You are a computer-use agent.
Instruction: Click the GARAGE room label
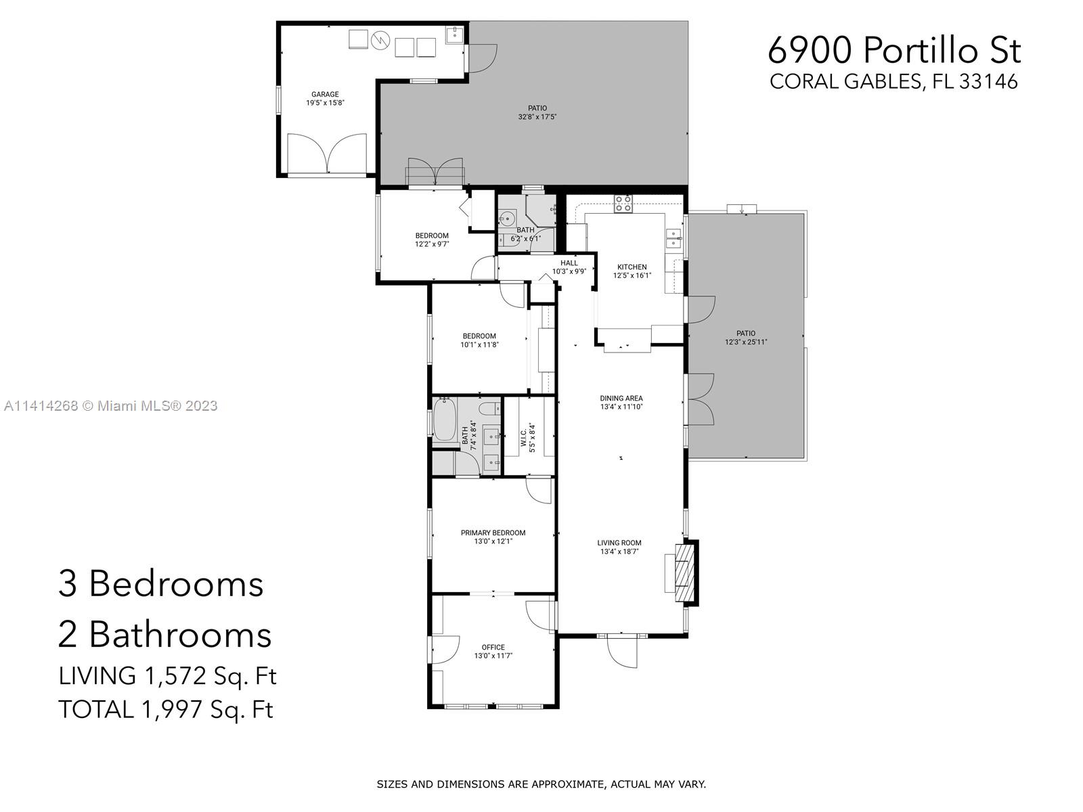pos(325,94)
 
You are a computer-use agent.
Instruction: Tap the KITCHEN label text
pos(632,267)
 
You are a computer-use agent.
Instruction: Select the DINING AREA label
pos(621,399)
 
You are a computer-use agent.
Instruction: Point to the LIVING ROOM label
pos(619,543)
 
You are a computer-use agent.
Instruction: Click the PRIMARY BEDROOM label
pos(493,533)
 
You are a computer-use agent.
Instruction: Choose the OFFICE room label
pos(493,647)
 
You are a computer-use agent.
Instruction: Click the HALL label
pos(569,263)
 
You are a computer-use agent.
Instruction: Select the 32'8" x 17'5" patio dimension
pos(537,117)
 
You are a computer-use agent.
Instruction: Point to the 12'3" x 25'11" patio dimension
pos(746,342)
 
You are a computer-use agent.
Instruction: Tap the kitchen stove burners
pos(623,204)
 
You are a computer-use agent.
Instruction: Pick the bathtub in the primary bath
pos(444,420)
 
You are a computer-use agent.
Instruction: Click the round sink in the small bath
pos(506,217)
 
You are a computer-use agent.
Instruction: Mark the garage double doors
pos(327,154)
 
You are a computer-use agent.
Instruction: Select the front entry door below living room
pos(622,652)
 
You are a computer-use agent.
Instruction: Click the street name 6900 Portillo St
pos(894,50)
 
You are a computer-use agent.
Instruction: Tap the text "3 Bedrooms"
pos(161,584)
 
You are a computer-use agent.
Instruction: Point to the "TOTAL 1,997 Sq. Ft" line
pos(166,710)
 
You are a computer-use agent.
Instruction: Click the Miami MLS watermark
pos(110,406)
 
